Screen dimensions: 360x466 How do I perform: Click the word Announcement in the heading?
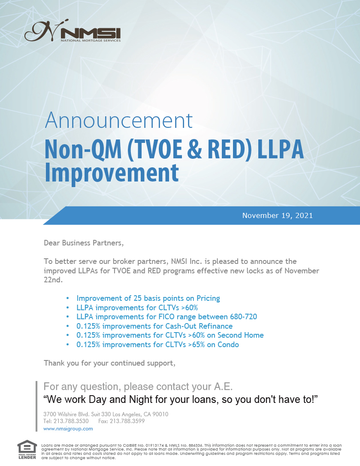tap(118, 121)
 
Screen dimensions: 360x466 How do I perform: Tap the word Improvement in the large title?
tap(112, 173)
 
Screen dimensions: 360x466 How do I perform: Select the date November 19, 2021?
tap(277, 215)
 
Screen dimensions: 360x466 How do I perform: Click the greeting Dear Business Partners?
tap(84, 243)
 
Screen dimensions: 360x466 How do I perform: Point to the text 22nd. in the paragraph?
tap(53, 280)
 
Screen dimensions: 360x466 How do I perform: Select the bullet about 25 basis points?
tap(148, 298)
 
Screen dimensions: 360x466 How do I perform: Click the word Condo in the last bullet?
tap(228, 345)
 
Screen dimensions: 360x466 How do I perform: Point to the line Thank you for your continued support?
tap(110, 363)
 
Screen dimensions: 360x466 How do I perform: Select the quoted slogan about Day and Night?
tap(181, 399)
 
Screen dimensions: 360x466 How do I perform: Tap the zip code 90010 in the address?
tap(160, 414)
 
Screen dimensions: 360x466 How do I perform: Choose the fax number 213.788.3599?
tap(127, 421)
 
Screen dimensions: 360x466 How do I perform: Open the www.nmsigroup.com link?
tap(68, 429)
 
